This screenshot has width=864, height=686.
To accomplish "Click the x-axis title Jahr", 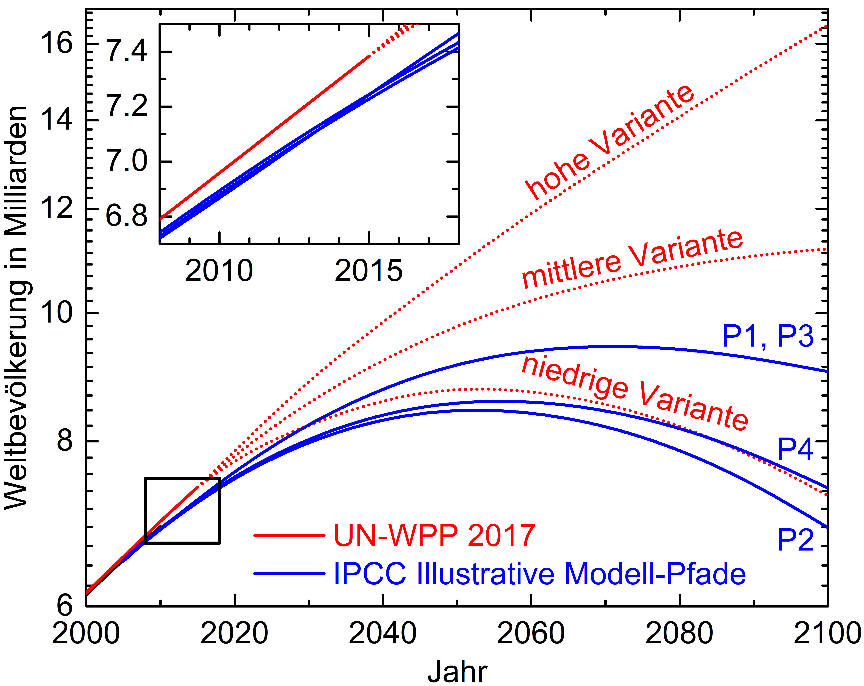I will (x=457, y=672).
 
